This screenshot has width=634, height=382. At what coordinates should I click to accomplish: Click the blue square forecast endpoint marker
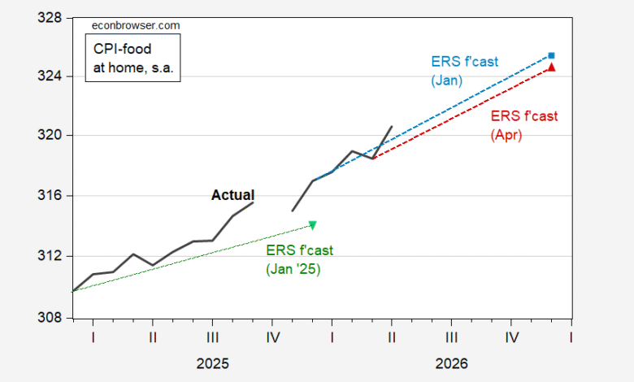551,56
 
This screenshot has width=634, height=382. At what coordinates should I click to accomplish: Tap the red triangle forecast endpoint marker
551,67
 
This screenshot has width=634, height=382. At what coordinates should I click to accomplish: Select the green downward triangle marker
313,225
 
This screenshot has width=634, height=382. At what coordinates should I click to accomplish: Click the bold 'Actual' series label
233,195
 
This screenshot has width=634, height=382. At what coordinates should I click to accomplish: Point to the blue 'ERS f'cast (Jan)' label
465,71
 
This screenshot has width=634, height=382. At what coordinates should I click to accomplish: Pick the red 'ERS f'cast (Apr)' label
524,125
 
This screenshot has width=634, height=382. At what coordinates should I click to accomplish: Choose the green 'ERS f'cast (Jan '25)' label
300,259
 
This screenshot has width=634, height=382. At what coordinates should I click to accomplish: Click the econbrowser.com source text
136,25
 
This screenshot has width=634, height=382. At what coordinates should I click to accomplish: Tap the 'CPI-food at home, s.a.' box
132,58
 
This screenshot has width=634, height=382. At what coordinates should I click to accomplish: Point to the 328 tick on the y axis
50,18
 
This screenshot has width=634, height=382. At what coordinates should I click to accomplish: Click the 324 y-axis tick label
50,76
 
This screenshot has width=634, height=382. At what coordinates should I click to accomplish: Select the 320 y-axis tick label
50,135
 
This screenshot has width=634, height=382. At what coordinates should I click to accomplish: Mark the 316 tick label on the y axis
50,196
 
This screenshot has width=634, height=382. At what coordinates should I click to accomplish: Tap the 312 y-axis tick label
50,256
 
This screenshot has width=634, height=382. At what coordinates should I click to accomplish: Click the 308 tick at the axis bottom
50,318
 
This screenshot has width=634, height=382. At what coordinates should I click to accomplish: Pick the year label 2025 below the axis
213,364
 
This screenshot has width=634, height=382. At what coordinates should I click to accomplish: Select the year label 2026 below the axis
452,364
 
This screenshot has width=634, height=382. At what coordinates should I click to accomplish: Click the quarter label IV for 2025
273,337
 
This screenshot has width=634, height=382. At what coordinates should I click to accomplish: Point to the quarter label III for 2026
452,337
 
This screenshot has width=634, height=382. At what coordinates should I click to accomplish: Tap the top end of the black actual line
392,127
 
